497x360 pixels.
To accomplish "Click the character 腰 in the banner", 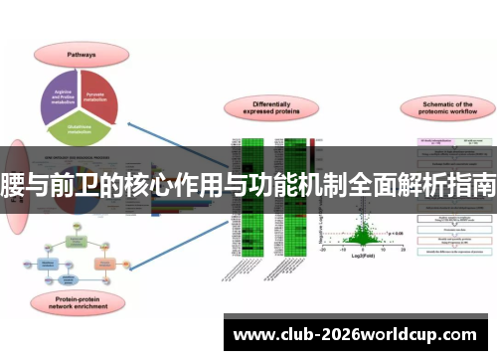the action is (x=11, y=185).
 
